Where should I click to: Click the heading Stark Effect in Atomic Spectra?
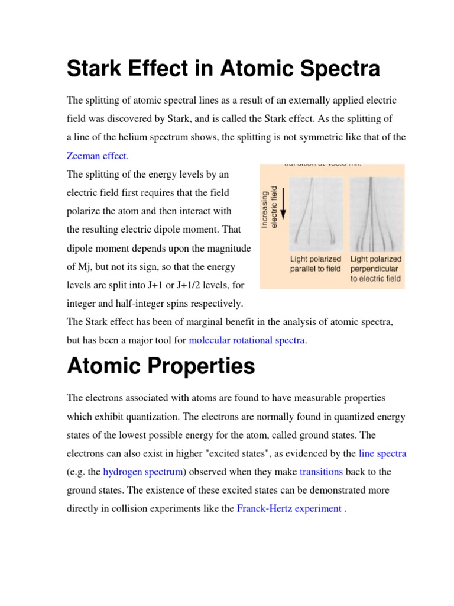[x=223, y=69]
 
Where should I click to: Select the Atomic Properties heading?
[x=161, y=366]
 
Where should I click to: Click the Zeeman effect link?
[x=97, y=156]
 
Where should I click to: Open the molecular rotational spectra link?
[x=247, y=340]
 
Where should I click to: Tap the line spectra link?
[x=382, y=454]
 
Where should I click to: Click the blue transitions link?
[x=321, y=472]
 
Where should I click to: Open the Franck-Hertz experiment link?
[x=288, y=508]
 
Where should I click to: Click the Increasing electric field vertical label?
[x=269, y=207]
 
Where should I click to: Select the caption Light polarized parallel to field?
[x=316, y=264]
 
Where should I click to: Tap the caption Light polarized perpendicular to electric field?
[x=376, y=269]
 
